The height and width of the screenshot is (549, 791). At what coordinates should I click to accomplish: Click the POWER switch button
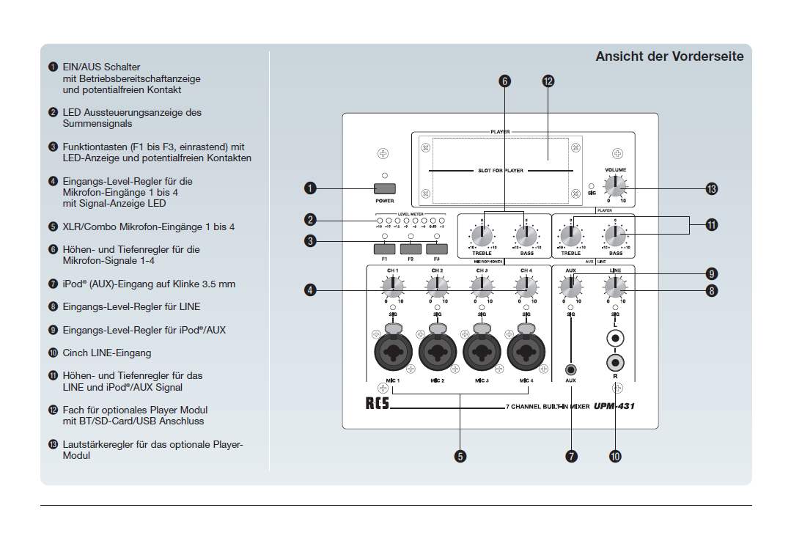(385, 188)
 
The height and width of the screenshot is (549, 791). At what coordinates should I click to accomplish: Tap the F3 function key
(437, 248)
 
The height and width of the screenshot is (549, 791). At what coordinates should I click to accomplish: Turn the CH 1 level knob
(393, 288)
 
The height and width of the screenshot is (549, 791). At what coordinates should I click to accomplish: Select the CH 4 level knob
(526, 288)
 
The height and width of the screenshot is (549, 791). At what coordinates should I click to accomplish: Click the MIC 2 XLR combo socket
(438, 352)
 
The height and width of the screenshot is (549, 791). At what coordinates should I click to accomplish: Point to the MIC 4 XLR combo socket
(526, 352)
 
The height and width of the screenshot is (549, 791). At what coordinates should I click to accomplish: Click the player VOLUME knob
(616, 185)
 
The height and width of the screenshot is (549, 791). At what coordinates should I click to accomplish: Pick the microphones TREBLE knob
(482, 236)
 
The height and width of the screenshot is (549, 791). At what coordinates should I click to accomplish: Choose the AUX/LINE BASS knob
(615, 236)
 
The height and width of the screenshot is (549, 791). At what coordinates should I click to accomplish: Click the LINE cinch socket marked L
(615, 339)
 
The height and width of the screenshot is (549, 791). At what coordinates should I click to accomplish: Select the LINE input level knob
(615, 288)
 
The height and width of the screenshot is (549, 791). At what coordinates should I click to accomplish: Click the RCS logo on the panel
(378, 404)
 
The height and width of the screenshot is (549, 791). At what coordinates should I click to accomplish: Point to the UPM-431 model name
(614, 405)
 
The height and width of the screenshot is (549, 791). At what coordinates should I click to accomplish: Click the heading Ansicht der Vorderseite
(669, 56)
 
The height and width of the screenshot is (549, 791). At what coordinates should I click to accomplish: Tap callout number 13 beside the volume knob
(711, 189)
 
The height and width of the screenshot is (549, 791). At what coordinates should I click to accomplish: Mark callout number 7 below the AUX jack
(571, 457)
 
